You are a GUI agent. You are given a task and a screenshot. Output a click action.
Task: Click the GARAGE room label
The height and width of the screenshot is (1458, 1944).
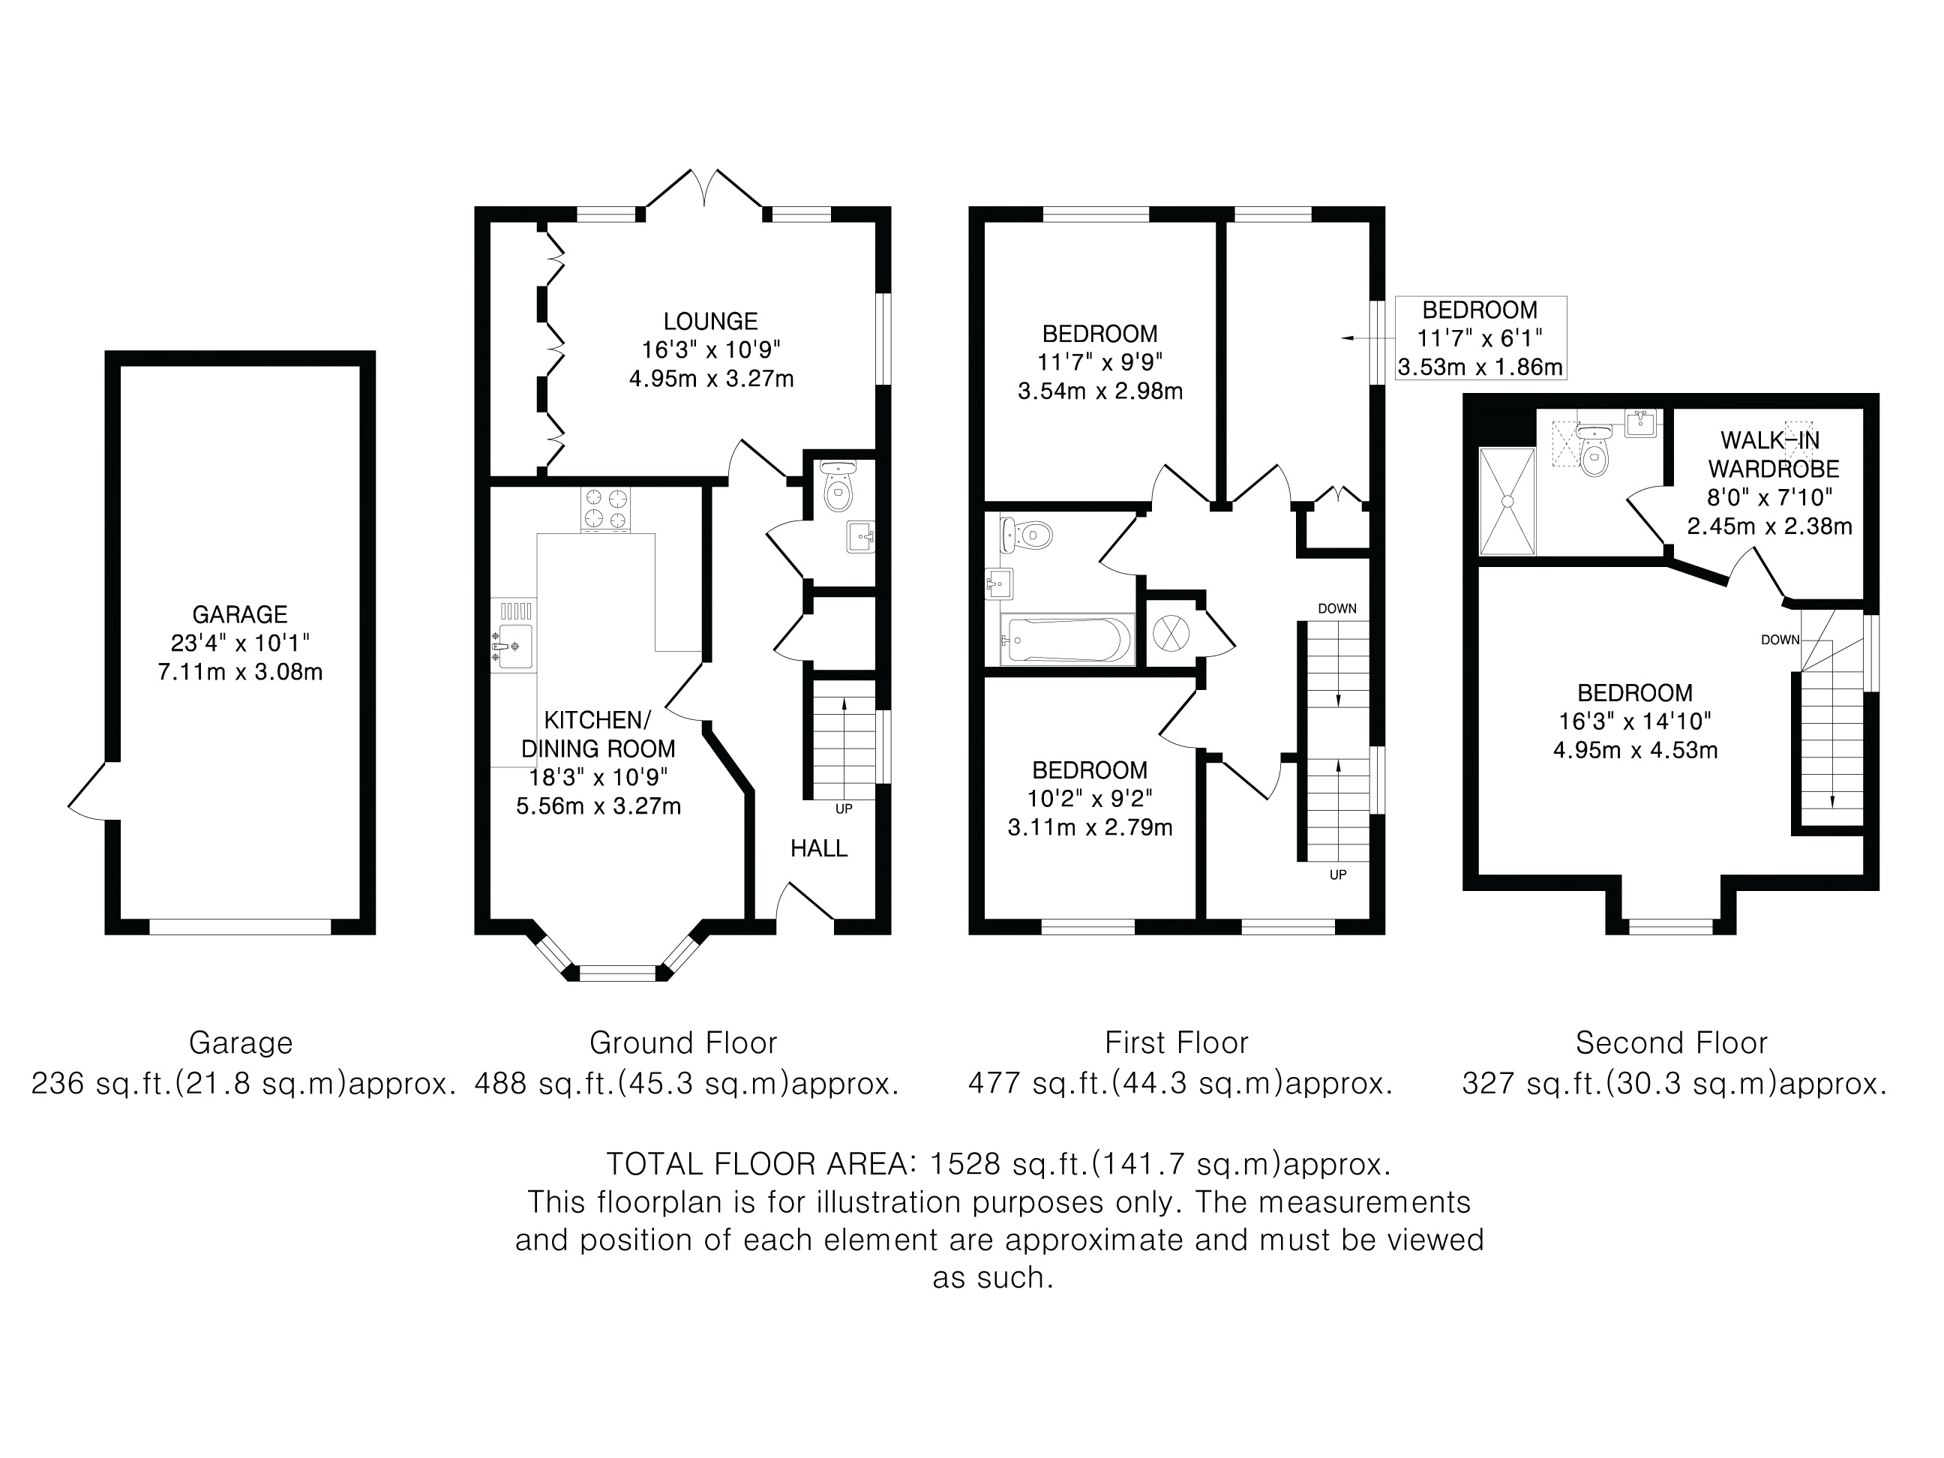click(240, 614)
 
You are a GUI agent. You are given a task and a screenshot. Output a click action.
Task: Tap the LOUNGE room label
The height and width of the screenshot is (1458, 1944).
click(710, 322)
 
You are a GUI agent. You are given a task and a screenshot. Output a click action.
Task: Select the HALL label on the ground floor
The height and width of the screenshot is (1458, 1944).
click(818, 848)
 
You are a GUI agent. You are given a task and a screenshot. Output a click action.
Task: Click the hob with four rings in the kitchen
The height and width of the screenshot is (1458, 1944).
click(605, 510)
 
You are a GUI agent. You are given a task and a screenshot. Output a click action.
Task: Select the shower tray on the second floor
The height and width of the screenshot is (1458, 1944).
click(1507, 502)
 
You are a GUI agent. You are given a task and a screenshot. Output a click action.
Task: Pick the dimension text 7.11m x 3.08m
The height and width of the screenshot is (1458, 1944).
click(240, 672)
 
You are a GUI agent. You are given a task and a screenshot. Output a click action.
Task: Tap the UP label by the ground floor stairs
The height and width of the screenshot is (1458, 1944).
click(844, 808)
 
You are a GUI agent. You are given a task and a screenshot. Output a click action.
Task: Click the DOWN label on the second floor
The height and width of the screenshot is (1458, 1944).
click(1780, 640)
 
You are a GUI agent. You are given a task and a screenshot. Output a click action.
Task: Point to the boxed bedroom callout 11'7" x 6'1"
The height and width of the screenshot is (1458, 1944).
click(1480, 338)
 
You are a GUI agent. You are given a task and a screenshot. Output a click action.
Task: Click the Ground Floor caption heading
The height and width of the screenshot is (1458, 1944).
click(682, 1043)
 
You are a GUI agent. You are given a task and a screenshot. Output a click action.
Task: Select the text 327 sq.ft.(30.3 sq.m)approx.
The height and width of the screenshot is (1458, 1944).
click(1674, 1084)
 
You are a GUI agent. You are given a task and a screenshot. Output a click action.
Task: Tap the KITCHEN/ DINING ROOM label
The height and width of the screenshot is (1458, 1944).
click(598, 735)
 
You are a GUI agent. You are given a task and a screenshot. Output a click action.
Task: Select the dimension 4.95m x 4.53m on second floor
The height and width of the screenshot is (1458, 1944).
click(1635, 751)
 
